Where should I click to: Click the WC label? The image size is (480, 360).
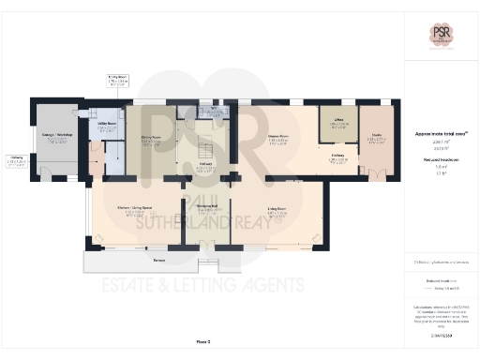click(x=214, y=110)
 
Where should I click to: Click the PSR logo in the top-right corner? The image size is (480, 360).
click(x=441, y=32)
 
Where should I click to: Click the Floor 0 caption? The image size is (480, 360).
click(x=202, y=340)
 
